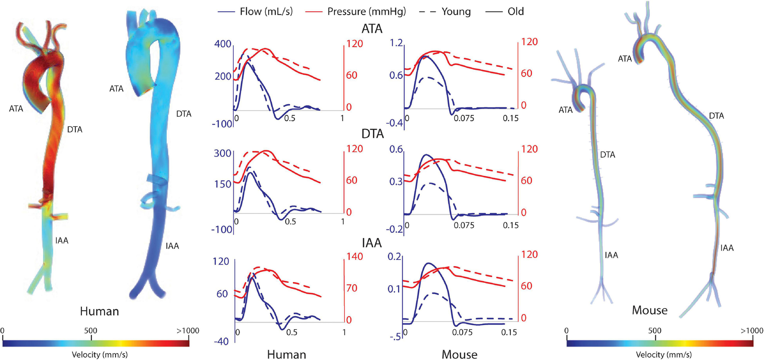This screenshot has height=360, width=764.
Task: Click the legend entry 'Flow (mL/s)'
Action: point(266,12)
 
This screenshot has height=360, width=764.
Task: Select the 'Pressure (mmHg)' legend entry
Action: point(366,12)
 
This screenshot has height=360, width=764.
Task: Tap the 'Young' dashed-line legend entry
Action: point(456,12)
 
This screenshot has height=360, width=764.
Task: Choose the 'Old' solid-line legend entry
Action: point(516,12)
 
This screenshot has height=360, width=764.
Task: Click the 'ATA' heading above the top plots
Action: point(372,29)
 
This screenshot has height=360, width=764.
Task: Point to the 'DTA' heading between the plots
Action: point(372,134)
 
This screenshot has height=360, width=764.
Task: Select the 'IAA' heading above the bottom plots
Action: point(372,243)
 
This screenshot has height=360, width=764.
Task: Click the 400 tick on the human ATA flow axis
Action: point(223,44)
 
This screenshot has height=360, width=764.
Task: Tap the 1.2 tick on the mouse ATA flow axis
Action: point(396,43)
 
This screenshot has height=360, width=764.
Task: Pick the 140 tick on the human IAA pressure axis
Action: point(354,257)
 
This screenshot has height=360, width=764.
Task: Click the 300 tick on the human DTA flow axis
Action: point(222,153)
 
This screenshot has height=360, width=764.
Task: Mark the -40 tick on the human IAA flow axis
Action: point(221,341)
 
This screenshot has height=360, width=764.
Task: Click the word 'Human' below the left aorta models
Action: point(99,311)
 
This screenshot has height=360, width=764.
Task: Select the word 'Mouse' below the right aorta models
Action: point(649,310)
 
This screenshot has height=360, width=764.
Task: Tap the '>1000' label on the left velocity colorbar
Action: point(188,331)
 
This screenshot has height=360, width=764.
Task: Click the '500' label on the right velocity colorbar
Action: point(654,331)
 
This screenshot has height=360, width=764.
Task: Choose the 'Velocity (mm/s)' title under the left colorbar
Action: point(100,355)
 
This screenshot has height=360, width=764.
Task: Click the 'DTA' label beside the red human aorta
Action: point(75,129)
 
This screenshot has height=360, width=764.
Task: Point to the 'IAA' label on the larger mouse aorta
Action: point(726,248)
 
